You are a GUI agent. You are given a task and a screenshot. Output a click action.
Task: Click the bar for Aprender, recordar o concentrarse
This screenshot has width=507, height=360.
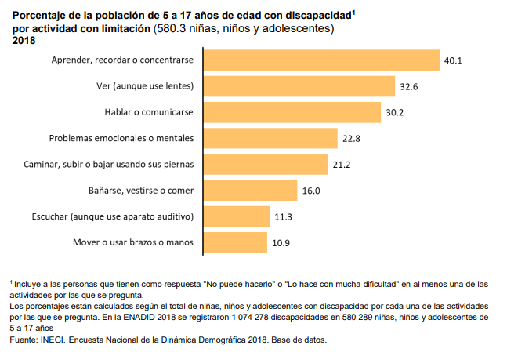coord(321,60)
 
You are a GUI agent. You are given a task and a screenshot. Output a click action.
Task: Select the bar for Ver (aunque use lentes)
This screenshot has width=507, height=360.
coord(299,86)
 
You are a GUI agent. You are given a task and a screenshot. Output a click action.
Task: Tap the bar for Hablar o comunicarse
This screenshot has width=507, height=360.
coord(292,112)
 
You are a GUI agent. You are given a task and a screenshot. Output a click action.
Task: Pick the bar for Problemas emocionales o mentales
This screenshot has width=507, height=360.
coord(270,138)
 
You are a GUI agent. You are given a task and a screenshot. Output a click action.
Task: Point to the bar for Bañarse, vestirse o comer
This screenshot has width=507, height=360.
coord(251,190)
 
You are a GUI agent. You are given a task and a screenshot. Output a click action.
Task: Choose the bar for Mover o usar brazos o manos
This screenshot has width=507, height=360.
coord(235,242)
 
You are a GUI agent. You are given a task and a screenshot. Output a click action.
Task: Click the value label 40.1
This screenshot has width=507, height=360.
coord(453,60)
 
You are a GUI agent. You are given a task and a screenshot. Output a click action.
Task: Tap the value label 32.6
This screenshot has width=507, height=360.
coord(408,86)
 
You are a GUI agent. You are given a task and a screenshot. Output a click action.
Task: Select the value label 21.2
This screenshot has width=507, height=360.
coord(341,164)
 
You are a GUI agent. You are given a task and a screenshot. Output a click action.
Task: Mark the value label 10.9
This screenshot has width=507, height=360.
coord(281,242)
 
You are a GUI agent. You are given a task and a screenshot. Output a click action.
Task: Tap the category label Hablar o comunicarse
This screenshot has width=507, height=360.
coord(149,112)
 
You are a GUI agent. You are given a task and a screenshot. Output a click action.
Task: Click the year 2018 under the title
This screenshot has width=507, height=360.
coord(24,41)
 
